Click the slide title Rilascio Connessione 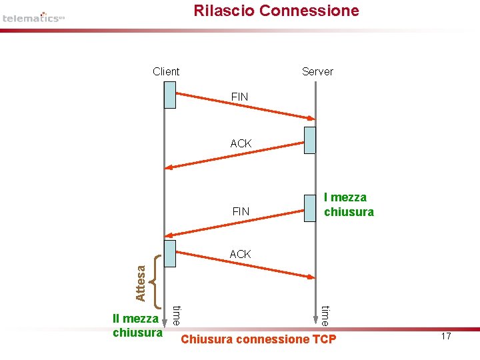pos(276,11)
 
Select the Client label pos(166,71)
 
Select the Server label pos(317,71)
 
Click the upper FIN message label pos(239,97)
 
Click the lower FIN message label pos(241,211)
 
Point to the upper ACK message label pos(241,143)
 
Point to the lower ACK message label pos(240,254)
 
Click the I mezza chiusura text pos(348,205)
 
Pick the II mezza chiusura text pos(137,325)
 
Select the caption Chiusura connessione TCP pos(259,340)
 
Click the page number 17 pos(446,337)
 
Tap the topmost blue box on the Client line pos(170,95)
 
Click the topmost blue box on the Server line pos(309,140)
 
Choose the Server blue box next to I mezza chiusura pos(310,207)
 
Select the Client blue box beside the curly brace pos(170,253)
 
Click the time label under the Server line pos(325,315)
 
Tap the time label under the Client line pos(177,315)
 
